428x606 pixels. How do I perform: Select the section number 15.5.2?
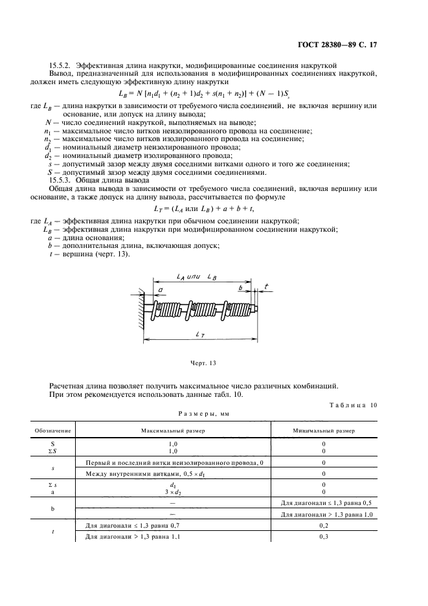pos(62,64)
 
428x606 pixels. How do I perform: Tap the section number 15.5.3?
pos(62,180)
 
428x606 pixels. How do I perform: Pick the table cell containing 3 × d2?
pos(173,492)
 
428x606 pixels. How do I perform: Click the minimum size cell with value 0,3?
pos(322,537)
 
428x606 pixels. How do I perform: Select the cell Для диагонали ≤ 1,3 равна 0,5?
pos(322,503)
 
